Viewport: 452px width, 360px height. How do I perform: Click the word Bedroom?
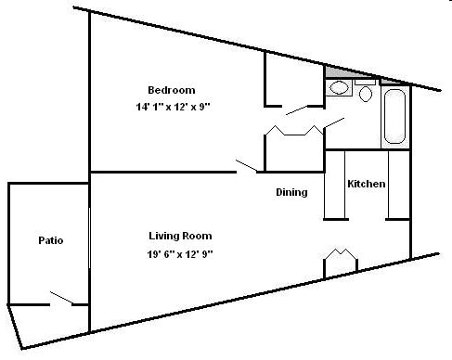[172, 90]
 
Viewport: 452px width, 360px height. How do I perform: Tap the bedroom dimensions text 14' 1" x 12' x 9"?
[172, 106]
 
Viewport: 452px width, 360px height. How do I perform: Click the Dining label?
[291, 193]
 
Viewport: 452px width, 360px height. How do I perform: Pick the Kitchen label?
[366, 184]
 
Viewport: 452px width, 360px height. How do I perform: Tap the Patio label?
[51, 240]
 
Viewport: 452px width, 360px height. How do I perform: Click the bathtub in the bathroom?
[394, 118]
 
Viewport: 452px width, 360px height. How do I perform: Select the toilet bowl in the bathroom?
[364, 94]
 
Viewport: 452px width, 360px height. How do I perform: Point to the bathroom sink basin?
[339, 89]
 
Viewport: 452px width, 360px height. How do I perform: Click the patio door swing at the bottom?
[63, 298]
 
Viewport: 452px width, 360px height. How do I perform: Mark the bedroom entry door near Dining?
[246, 166]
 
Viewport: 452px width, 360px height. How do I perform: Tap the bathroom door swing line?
[335, 122]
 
